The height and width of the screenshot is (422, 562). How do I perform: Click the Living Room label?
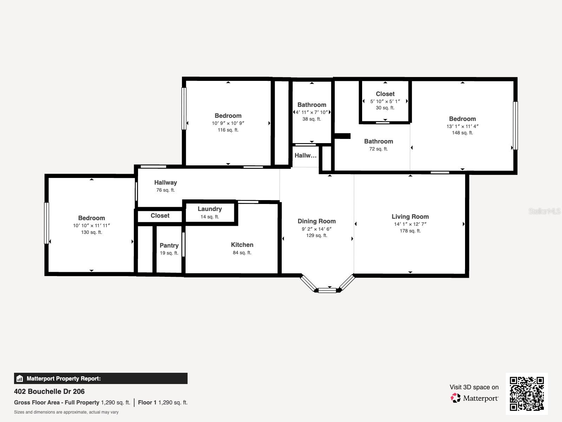click(x=410, y=217)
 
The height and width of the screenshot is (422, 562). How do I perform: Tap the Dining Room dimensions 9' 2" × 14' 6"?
click(x=316, y=229)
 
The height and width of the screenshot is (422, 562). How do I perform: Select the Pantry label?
click(x=169, y=245)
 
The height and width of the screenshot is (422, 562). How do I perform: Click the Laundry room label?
click(x=210, y=209)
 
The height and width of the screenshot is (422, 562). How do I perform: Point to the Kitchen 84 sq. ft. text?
click(x=242, y=252)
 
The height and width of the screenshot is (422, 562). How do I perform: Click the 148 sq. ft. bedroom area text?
click(x=462, y=133)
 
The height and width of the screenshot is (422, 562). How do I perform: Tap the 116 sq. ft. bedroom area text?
click(x=228, y=130)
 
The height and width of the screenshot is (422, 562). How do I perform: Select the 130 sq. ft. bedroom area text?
click(x=91, y=232)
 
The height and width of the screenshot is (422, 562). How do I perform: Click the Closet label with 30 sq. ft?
click(x=385, y=94)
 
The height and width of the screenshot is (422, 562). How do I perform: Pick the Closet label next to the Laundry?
click(x=160, y=216)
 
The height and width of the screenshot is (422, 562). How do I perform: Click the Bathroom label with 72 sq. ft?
click(x=378, y=141)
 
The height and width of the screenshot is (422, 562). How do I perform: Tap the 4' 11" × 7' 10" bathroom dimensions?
click(x=312, y=112)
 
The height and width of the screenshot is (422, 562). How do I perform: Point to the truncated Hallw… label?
click(x=305, y=155)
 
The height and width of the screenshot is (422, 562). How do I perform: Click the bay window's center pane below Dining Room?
click(x=327, y=290)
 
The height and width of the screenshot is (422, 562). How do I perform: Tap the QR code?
click(x=527, y=394)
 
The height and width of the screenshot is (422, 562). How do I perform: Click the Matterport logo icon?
click(x=456, y=398)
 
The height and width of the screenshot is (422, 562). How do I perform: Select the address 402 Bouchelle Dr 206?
click(x=49, y=391)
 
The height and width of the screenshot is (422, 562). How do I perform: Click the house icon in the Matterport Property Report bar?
click(x=20, y=379)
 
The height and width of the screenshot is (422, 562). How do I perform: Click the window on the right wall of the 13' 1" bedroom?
click(x=515, y=126)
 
